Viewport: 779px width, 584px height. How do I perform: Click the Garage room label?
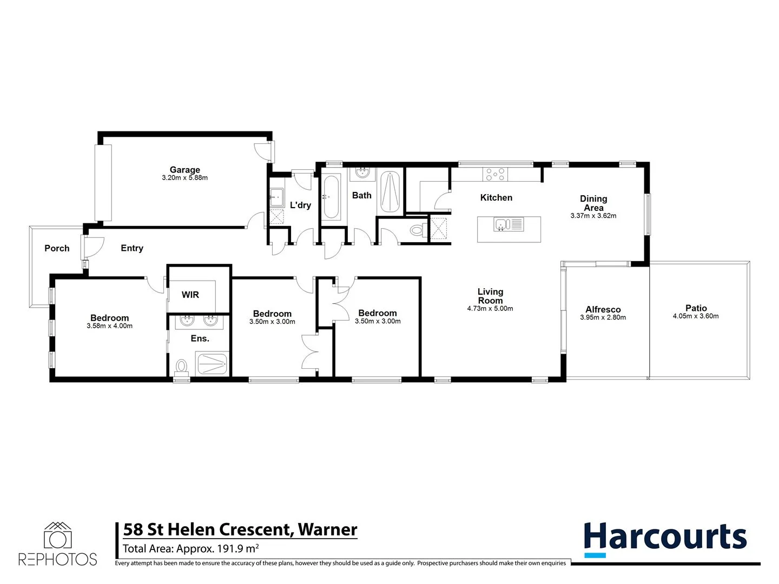click(184, 170)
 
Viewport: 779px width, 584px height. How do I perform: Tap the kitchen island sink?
click(501, 224)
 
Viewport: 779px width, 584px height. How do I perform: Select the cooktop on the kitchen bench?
click(495, 174)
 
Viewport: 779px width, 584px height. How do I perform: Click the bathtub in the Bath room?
click(332, 197)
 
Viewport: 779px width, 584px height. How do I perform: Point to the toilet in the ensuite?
click(182, 367)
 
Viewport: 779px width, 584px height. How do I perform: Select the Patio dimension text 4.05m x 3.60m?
click(696, 316)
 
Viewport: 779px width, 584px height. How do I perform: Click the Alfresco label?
click(603, 309)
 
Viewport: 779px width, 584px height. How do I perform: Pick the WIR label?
click(190, 295)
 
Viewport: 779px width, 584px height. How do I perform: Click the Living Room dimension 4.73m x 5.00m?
click(490, 309)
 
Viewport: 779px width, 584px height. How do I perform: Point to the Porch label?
click(57, 248)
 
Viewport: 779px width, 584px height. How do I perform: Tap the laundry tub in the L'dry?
click(277, 198)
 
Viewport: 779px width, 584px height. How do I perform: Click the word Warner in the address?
click(328, 529)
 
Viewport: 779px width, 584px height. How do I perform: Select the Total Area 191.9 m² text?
click(190, 549)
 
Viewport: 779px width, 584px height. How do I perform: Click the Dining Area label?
click(593, 203)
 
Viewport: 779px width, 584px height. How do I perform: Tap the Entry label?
click(132, 248)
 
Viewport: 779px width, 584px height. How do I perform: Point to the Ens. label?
click(200, 339)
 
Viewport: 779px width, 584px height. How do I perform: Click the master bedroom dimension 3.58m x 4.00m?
click(109, 326)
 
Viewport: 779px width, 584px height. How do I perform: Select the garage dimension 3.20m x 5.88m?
click(184, 178)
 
